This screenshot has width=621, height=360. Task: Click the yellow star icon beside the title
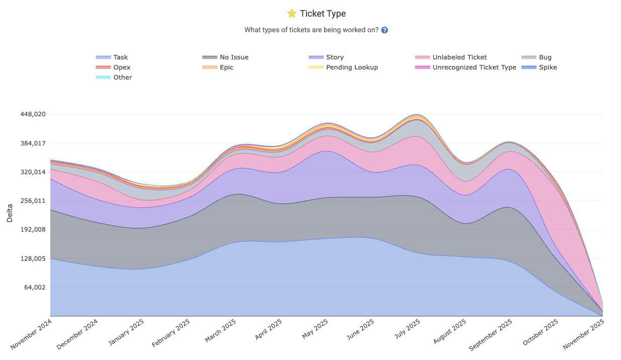[291, 14]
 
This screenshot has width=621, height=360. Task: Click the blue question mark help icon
[384, 30]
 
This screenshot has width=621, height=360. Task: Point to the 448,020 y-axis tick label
[33, 114]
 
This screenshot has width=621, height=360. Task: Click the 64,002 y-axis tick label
[35, 287]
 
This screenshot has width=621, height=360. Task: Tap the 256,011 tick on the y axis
[33, 201]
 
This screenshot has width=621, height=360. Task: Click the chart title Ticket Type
[323, 14]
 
